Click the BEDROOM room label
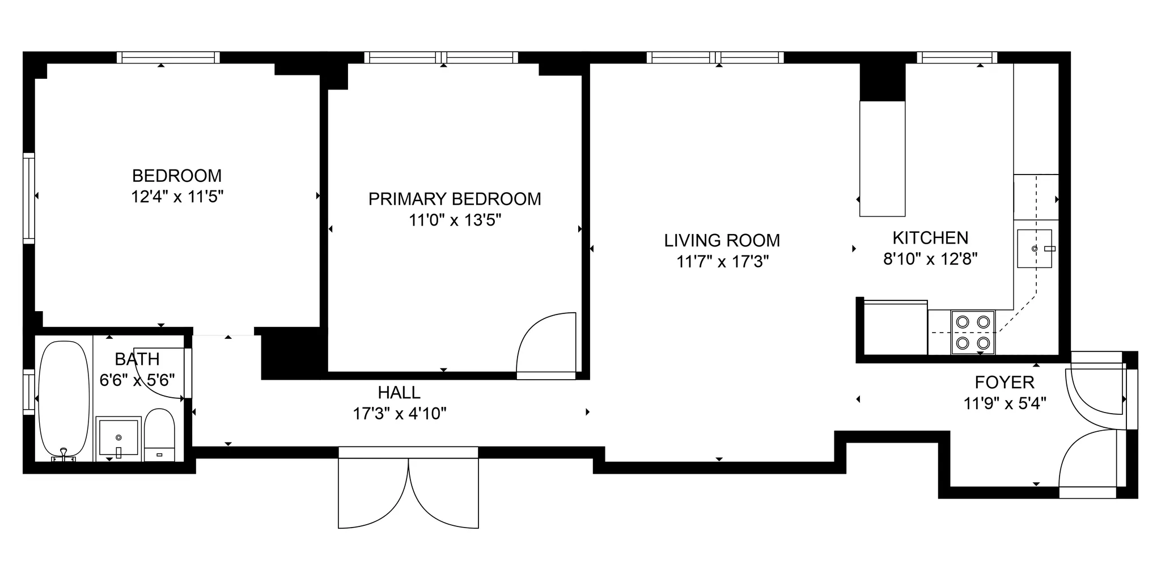pos(177,176)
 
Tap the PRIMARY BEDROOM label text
pos(455,199)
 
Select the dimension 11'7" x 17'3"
pos(722,262)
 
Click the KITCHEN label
pos(930,237)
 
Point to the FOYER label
pos(1004,382)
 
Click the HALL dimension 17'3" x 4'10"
pos(400,414)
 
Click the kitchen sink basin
pos(1034,248)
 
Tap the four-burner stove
pos(973,332)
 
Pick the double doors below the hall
pos(408,490)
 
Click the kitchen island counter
pos(882,159)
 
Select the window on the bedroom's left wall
pos(28,198)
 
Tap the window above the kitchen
pos(957,57)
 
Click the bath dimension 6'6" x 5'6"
pos(137,380)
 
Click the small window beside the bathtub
pos(28,392)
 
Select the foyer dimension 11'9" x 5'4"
pos(1004,403)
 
